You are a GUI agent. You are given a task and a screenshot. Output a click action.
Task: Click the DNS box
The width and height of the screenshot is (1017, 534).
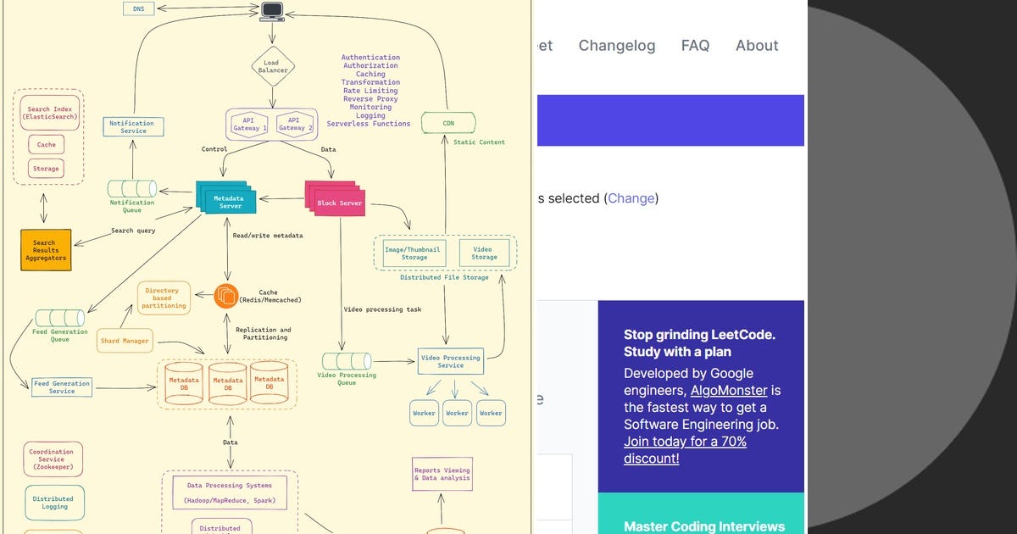pos(138,8)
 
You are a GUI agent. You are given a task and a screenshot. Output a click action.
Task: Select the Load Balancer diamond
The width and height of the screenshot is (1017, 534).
pos(272,66)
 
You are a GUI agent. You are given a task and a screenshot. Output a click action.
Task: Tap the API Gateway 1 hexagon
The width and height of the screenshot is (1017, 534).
pos(249,124)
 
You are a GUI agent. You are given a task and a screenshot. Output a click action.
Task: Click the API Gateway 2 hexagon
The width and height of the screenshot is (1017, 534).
pos(294,124)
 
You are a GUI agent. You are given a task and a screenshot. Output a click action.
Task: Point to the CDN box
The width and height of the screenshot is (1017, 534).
pos(448,124)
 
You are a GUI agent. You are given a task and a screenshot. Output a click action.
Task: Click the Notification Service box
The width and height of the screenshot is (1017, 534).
pos(133,127)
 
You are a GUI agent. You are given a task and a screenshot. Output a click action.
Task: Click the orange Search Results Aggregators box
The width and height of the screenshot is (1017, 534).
pos(45,250)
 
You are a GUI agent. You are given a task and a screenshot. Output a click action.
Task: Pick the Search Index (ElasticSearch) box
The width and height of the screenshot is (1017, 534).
pos(50,113)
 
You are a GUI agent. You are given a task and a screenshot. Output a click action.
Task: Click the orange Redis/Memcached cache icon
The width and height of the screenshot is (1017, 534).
pos(226,295)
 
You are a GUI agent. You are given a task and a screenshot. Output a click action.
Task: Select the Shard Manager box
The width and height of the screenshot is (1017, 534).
pos(125,341)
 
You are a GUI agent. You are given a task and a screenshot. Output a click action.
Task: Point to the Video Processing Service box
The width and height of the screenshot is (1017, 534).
pos(450,361)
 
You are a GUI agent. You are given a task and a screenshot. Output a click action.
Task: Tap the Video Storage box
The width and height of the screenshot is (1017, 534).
pos(484,253)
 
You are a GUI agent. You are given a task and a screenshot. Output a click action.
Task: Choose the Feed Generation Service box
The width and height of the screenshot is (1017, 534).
pos(61,387)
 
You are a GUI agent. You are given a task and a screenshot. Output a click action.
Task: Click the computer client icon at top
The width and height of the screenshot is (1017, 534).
pos(272,11)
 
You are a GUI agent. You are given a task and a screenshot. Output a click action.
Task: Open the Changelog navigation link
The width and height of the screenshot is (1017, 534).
pos(616,46)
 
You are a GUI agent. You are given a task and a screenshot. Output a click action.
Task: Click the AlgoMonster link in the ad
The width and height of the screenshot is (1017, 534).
pos(728,391)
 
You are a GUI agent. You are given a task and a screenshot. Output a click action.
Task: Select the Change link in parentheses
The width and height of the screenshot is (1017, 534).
pos(631,198)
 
